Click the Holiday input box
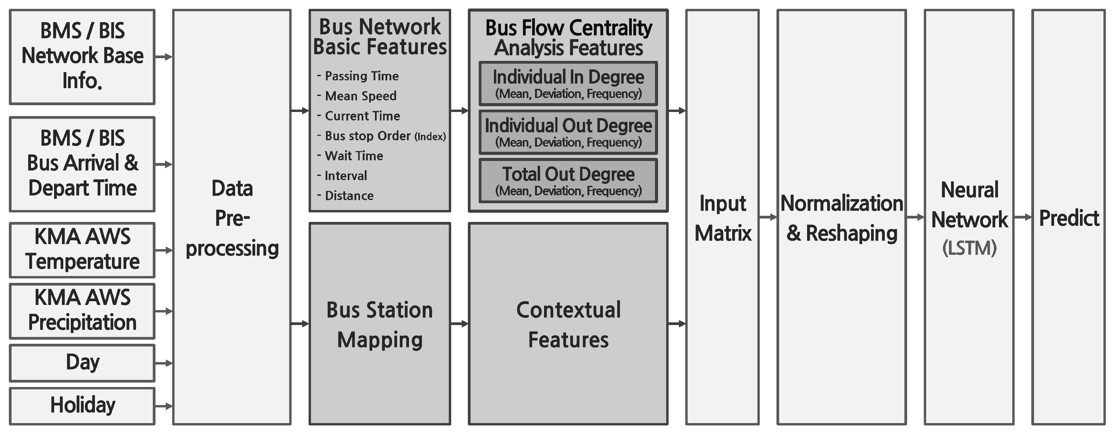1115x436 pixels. [82, 406]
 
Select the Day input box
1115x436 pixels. [82, 363]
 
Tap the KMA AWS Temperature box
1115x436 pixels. [82, 250]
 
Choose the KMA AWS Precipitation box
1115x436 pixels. [82, 311]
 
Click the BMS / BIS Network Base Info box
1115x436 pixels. [82, 57]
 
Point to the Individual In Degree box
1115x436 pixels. [568, 84]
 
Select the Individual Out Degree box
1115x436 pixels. [568, 132]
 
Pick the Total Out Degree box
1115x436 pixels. [568, 180]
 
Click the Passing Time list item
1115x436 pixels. [361, 76]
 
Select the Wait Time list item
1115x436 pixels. [353, 156]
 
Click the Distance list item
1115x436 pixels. [348, 196]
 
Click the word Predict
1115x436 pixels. [1069, 218]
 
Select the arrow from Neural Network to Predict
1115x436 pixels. [1023, 217]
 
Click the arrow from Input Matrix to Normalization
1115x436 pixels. [768, 217]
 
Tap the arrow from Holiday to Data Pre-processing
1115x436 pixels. [164, 406]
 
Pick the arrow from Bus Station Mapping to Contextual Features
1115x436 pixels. [459, 323]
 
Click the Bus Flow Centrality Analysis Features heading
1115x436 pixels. [568, 38]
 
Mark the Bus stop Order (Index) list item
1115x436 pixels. [384, 136]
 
